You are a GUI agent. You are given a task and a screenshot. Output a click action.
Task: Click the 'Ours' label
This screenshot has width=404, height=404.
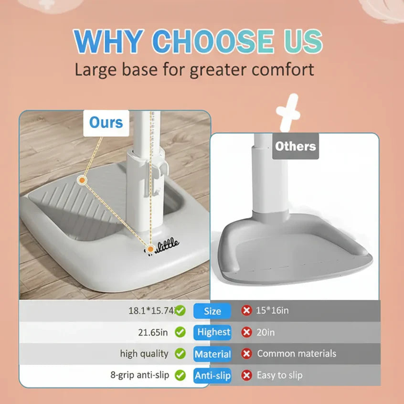coord(106,123)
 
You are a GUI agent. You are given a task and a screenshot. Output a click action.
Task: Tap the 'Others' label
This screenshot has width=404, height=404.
coord(296,146)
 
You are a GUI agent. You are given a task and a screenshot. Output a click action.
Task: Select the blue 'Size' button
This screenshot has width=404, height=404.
coord(212,311)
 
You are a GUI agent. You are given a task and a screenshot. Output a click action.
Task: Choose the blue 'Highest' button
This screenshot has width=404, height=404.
coord(213,332)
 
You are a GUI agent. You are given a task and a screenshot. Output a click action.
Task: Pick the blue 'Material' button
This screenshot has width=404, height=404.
coord(213,354)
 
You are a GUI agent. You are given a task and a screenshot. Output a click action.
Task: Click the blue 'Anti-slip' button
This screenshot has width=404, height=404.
coord(213,376)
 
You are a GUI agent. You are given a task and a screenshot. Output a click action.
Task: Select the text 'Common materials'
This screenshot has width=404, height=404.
coord(297,354)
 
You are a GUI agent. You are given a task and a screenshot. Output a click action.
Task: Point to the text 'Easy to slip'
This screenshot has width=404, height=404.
coord(280,375)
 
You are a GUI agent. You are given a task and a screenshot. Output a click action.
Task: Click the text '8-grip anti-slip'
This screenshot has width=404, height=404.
coord(139,375)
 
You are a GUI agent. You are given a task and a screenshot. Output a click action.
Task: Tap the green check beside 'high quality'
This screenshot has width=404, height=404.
coord(180,354)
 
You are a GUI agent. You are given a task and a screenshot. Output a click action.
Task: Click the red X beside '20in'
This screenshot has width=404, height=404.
coord(246,332)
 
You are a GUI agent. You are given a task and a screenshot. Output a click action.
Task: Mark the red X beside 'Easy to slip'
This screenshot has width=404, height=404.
coord(246,375)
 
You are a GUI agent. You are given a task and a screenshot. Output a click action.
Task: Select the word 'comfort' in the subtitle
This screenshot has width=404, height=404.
coord(283,69)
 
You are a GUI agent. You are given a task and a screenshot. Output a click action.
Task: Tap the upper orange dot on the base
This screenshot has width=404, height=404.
coord(82,180)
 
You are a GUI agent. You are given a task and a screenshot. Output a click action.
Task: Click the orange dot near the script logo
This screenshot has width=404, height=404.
coord(150,248)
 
